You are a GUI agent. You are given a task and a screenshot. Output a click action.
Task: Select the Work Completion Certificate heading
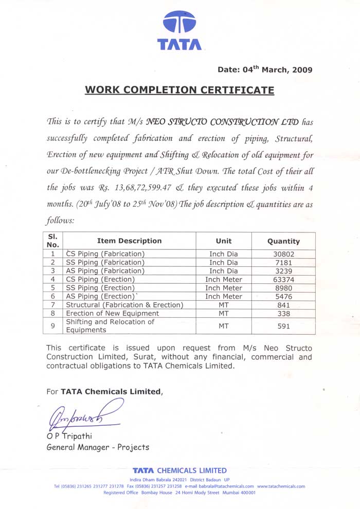[x=179, y=90]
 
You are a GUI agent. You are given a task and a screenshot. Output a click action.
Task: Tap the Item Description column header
[x=129, y=241]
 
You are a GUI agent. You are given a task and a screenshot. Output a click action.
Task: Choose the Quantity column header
[x=283, y=241]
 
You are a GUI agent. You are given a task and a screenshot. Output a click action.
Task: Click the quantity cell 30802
[x=283, y=254]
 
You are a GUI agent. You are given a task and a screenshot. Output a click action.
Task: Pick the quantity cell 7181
[x=283, y=262]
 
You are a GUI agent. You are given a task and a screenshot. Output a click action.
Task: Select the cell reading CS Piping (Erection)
[x=100, y=279]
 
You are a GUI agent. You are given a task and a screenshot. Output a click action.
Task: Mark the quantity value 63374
[x=283, y=279]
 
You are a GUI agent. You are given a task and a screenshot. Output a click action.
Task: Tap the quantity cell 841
[x=283, y=305]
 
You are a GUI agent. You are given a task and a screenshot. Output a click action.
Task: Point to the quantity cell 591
[x=283, y=326]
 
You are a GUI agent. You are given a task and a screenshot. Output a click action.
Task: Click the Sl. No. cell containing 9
[x=52, y=326]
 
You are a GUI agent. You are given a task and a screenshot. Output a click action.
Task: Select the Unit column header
[x=224, y=241]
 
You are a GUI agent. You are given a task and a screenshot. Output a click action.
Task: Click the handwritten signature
[x=82, y=415]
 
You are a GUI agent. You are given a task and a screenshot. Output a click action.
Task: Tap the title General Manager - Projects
[x=98, y=447]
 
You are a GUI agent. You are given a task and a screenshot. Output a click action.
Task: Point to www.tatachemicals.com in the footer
[x=281, y=486]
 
